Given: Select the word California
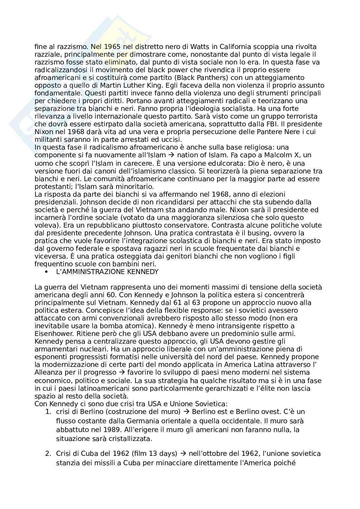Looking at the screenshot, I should [239, 47].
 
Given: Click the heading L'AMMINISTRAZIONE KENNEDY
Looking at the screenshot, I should [107, 272].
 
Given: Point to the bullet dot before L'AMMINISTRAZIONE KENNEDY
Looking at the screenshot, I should [47, 272].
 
